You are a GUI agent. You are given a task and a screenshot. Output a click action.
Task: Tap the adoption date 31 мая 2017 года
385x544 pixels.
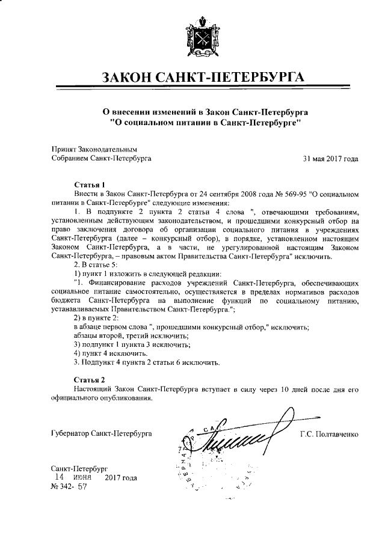330,159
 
